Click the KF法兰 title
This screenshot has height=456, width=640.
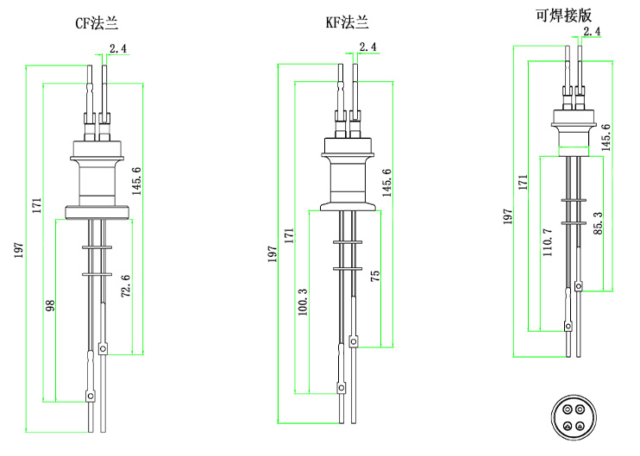pos(346,23)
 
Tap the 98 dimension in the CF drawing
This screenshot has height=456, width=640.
pos(49,305)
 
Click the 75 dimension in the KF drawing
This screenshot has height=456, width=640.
pos(374,276)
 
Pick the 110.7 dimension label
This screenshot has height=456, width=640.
pos(548,244)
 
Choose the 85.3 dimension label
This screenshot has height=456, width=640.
pos(598,222)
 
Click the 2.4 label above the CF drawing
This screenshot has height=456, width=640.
pos(118,49)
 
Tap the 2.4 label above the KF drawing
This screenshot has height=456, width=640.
pos(368,47)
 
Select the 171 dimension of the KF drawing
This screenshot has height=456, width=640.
pos(289,234)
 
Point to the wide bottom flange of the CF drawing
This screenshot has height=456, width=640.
pos(97,211)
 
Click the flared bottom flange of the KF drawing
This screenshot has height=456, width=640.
pos(348,205)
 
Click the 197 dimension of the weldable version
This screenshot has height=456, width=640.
pos(509,216)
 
